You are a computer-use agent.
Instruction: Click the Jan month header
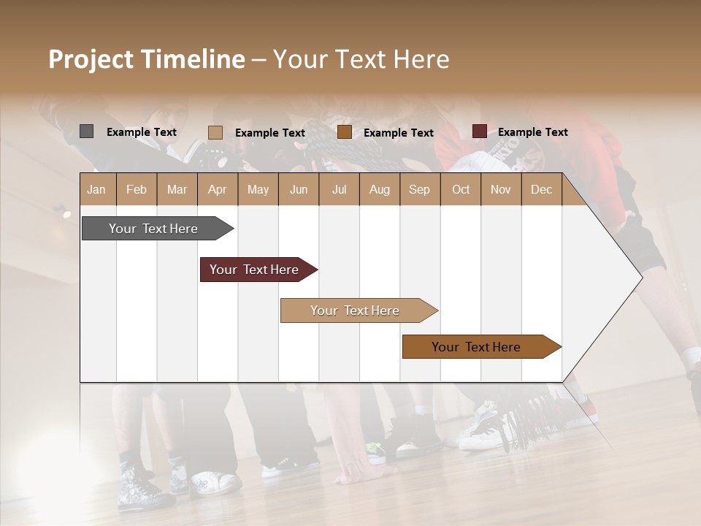pyautogui.click(x=96, y=189)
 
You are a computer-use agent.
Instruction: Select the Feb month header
pyautogui.click(x=137, y=189)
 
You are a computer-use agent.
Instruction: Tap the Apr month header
pyautogui.click(x=217, y=189)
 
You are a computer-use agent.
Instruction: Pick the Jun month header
pyautogui.click(x=299, y=189)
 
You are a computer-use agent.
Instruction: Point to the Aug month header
pyautogui.click(x=379, y=189)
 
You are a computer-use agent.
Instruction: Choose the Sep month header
pyautogui.click(x=419, y=189)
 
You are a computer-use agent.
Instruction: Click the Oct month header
pyautogui.click(x=461, y=189)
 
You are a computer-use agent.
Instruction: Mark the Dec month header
pyautogui.click(x=541, y=189)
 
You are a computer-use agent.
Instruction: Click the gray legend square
pyautogui.click(x=86, y=131)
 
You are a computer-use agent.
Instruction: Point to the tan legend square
pyautogui.click(x=215, y=132)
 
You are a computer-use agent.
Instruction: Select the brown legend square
pyautogui.click(x=345, y=132)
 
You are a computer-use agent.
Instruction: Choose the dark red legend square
pyautogui.click(x=479, y=131)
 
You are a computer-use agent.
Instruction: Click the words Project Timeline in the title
pyautogui.click(x=146, y=59)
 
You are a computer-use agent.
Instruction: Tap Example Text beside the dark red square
pyautogui.click(x=532, y=132)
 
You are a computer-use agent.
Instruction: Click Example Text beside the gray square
pyautogui.click(x=141, y=132)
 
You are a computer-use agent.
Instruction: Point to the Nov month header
pyautogui.click(x=500, y=189)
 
